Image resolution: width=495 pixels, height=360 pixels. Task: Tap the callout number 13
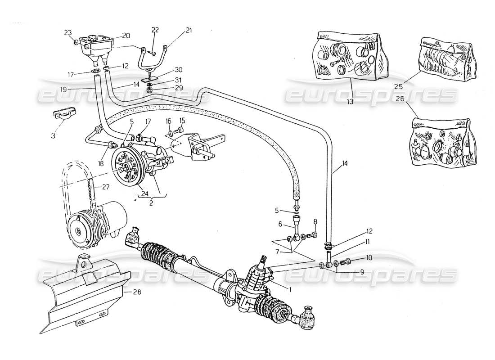(x=350, y=102)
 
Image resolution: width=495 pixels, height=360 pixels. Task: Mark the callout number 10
(x=369, y=258)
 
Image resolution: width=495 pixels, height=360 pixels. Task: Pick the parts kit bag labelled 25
(x=444, y=58)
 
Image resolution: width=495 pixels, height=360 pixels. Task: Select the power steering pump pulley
(x=126, y=165)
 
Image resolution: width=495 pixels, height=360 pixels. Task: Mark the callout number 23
(x=67, y=32)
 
